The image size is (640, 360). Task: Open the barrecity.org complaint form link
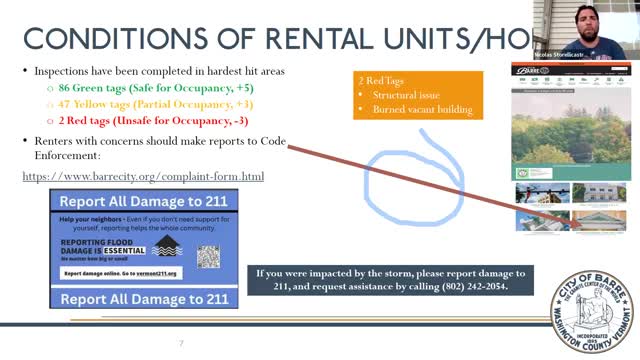(x=143, y=177)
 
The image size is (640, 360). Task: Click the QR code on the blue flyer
(x=208, y=256)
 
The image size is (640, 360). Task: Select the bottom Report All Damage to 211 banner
(x=144, y=298)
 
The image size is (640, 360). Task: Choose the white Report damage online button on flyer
(x=120, y=273)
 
